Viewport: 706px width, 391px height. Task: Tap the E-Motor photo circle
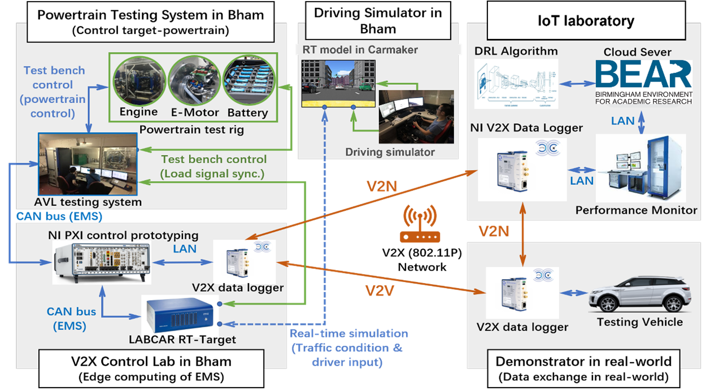(193, 79)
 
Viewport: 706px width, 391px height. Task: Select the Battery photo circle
(247, 79)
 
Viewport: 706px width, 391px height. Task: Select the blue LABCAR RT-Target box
(180, 314)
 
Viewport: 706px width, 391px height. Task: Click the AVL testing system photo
(88, 164)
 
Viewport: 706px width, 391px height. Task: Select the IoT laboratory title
(585, 21)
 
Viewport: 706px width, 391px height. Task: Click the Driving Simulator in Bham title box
(378, 21)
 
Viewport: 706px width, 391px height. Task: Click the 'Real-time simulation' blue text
(348, 333)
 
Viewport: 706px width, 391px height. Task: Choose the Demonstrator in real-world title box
(584, 368)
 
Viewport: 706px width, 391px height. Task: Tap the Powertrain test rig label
(191, 130)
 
